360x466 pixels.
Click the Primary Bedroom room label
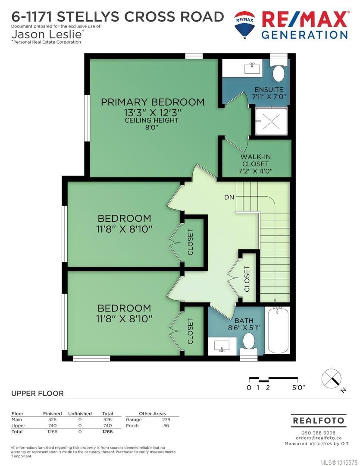153,102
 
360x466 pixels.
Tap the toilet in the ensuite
279,73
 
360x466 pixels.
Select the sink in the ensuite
251,68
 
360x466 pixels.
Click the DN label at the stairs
229,198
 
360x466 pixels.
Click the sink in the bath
222,346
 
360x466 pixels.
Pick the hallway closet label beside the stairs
247,279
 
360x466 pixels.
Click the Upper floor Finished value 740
52,425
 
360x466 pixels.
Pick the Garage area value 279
166,419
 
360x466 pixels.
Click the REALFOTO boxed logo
318,420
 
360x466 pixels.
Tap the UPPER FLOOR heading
37,393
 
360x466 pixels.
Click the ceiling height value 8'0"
152,128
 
